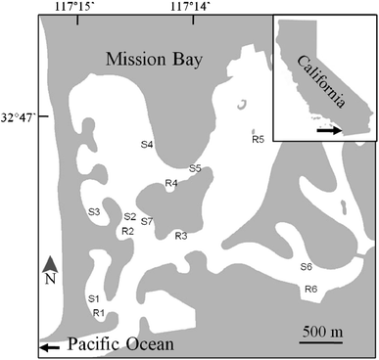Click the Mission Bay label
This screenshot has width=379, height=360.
[x=154, y=61]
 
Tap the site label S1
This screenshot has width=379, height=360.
[x=94, y=298]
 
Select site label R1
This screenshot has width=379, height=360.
[x=98, y=313]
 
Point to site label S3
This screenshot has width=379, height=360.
[x=94, y=211]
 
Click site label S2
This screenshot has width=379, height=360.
[x=129, y=217]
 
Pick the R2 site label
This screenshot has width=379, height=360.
[x=126, y=231]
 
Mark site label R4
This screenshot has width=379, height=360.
[x=170, y=183]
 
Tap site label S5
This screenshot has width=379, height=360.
[x=195, y=168]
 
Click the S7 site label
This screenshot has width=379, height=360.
[x=147, y=221]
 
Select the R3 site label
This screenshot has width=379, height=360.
[x=180, y=236]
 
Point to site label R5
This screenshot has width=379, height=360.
[x=258, y=140]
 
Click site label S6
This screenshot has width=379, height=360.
[x=306, y=267]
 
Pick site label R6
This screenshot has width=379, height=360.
[x=310, y=289]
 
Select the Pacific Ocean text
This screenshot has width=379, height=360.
[x=119, y=344]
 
